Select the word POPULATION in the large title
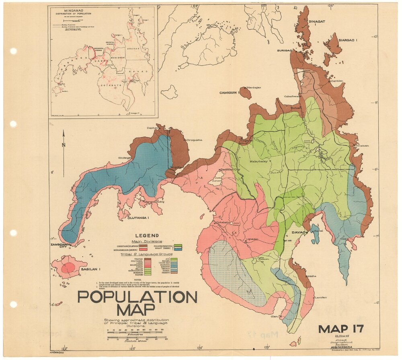(137, 297)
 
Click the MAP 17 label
(341, 329)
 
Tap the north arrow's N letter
(63, 145)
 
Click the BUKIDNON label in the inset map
(117, 58)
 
